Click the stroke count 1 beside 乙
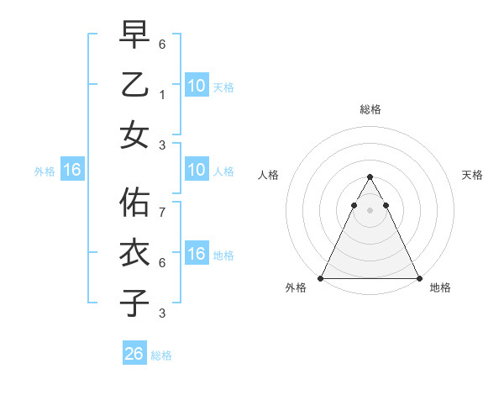(163, 95)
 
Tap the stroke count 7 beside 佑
(163, 213)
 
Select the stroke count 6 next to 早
(163, 44)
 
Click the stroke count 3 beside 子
(163, 313)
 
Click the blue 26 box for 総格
(134, 354)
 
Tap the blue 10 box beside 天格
(196, 85)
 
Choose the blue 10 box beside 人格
(196, 171)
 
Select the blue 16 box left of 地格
(196, 254)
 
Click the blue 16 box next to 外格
(72, 171)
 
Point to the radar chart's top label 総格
(370, 110)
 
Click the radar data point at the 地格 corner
(419, 278)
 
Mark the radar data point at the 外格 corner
(320, 278)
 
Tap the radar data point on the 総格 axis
(370, 176)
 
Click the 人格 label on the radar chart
(268, 175)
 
